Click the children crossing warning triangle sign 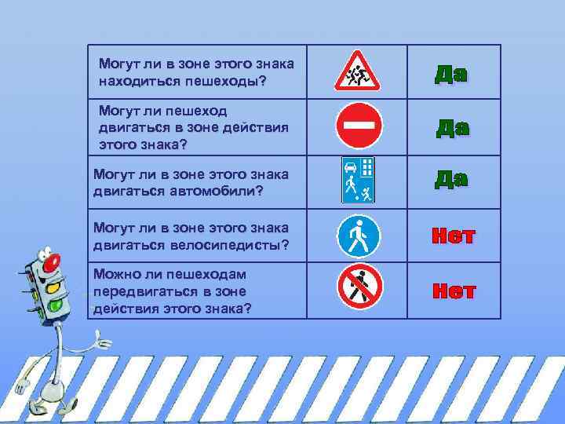(x=357, y=71)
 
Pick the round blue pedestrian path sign (x=358, y=236)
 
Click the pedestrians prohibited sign (x=359, y=288)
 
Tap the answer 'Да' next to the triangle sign (x=451, y=75)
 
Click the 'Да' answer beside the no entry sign (x=453, y=128)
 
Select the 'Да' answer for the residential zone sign (x=451, y=179)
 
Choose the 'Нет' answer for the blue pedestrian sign (x=452, y=236)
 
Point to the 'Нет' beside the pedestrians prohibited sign (x=454, y=291)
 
